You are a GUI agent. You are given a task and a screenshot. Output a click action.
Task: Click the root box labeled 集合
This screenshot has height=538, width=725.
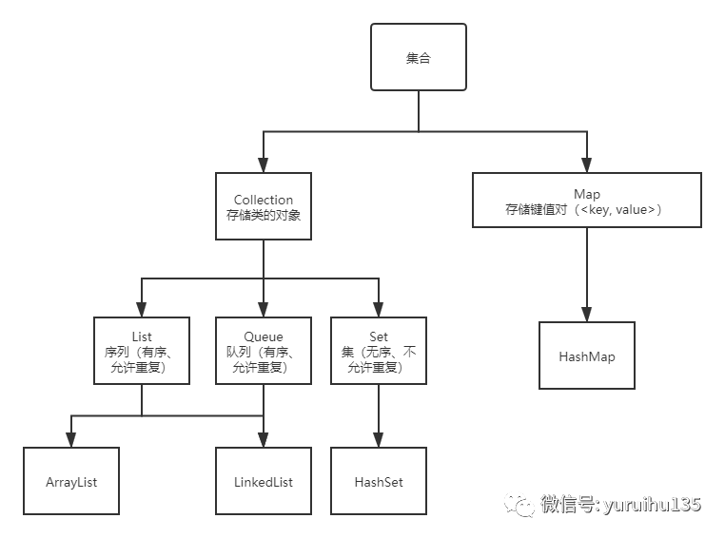tap(418, 58)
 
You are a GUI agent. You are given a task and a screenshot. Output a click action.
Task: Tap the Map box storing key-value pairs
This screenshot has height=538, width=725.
tap(587, 201)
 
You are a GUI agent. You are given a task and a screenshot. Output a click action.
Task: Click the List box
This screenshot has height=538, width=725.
tap(142, 351)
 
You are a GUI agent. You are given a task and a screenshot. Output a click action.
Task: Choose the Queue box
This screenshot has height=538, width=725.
tap(264, 351)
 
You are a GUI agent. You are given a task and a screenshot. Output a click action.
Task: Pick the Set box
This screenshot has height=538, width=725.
tap(379, 351)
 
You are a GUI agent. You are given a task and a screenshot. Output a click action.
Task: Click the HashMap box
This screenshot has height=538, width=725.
tap(587, 356)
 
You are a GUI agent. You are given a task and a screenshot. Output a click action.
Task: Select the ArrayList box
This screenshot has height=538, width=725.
tap(72, 481)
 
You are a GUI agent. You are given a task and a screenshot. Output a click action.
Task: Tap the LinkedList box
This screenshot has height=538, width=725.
tap(264, 481)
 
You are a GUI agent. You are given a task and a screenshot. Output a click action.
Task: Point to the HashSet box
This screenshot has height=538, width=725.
tap(379, 481)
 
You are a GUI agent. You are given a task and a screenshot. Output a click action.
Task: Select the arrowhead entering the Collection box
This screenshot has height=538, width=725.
tap(264, 165)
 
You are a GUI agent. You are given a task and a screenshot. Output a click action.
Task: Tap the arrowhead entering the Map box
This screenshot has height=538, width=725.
tap(587, 165)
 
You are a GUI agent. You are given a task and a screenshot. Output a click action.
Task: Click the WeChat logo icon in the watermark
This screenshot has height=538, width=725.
tap(520, 504)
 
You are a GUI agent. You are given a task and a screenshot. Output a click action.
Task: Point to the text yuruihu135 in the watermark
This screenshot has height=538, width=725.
tap(652, 504)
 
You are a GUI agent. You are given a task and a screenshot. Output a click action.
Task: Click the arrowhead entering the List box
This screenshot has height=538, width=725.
tap(142, 310)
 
